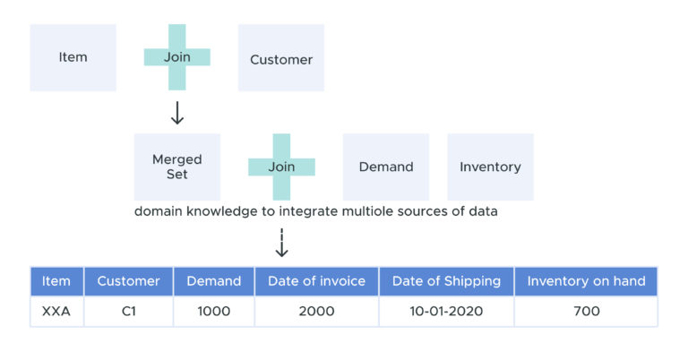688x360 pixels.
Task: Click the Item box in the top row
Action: (73, 57)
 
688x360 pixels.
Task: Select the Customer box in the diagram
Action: (281, 59)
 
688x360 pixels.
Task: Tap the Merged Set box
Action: (176, 167)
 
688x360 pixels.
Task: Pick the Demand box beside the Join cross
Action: (386, 167)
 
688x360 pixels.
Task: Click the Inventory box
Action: (490, 167)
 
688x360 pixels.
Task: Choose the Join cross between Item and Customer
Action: (177, 57)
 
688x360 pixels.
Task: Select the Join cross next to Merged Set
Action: (281, 167)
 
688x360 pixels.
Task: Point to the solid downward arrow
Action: (177, 113)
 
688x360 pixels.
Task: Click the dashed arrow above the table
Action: (281, 243)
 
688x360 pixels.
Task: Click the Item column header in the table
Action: (56, 281)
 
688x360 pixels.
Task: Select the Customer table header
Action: (128, 281)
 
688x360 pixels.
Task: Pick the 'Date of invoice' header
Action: (316, 281)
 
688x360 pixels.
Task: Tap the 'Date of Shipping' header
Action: (446, 281)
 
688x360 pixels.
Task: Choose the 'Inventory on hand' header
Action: (586, 281)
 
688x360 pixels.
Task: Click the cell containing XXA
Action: (56, 312)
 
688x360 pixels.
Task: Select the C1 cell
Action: (128, 312)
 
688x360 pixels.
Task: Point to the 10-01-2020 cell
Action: (446, 312)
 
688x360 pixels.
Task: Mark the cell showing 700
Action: (586, 312)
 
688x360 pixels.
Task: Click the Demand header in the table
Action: (213, 281)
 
